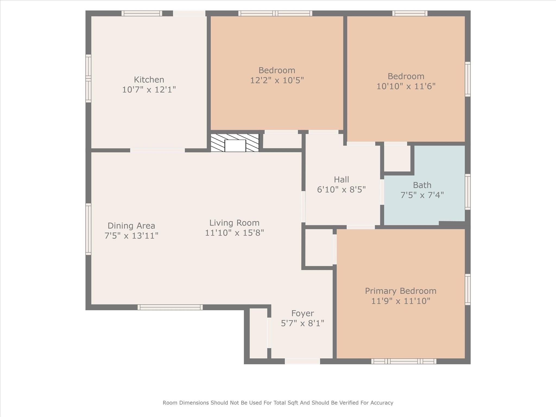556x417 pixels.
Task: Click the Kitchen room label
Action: tap(149, 80)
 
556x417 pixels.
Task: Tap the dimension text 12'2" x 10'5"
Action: tap(277, 80)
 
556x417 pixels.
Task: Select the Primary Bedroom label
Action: tap(400, 291)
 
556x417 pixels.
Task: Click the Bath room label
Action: tap(422, 185)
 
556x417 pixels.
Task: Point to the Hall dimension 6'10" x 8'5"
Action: tap(341, 189)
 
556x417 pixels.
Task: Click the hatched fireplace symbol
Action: tap(235, 143)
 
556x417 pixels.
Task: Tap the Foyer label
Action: tap(302, 313)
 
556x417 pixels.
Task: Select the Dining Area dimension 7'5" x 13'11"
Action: tap(131, 236)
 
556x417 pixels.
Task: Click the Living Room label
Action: tap(234, 223)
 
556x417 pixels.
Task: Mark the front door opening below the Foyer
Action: tap(302, 361)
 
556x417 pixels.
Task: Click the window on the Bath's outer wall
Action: tap(467, 192)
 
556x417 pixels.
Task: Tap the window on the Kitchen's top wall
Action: tap(141, 13)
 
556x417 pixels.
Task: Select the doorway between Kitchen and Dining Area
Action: tap(157, 150)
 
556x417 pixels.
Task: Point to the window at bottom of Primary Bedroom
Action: tap(404, 361)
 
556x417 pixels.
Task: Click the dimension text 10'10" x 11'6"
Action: tap(406, 86)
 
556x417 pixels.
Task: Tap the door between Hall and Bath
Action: tap(382, 192)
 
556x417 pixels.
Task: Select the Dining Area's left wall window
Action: tap(88, 229)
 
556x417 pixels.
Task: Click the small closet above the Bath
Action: tap(397, 158)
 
